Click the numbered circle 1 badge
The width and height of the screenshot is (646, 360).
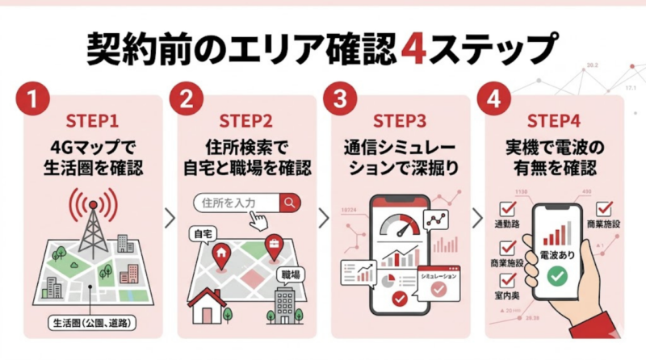(31, 102)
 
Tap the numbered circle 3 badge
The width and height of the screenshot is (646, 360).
(340, 102)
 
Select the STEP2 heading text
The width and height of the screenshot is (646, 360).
(245, 122)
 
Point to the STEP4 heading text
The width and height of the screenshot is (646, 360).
(554, 122)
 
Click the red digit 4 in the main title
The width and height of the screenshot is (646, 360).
(411, 49)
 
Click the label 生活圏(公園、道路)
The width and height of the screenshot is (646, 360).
(90, 324)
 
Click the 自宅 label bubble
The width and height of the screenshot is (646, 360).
(202, 233)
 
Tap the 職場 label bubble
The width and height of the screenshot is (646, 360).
(289, 275)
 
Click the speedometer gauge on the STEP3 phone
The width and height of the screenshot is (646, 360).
(401, 224)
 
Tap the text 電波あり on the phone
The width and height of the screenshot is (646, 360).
(555, 253)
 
